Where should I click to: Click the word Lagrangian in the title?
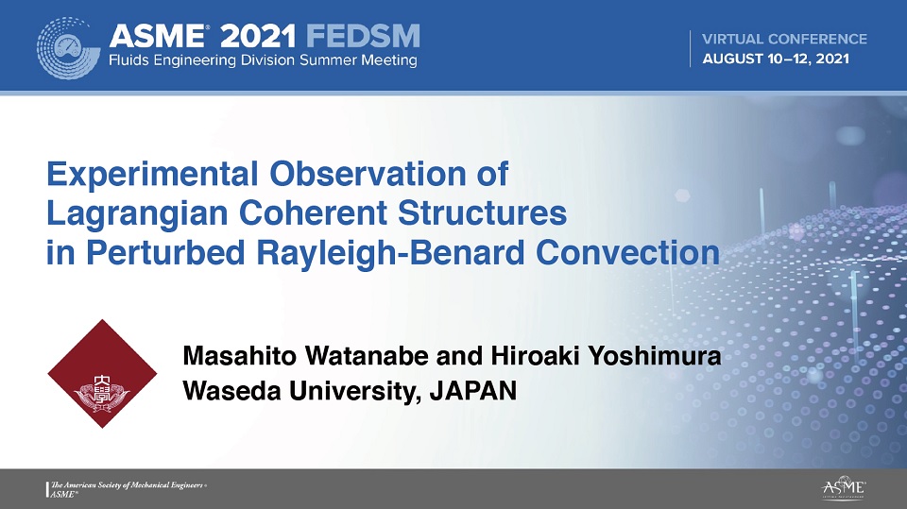[138, 214]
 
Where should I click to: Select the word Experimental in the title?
[152, 175]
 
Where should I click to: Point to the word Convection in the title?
[627, 253]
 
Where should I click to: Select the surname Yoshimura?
[654, 356]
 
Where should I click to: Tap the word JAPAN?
[473, 391]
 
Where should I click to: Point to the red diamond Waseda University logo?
[102, 374]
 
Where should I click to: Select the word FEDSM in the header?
[363, 37]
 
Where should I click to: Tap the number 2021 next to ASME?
[258, 37]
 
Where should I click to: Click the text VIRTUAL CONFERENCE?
[784, 40]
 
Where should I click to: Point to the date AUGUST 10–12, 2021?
[776, 59]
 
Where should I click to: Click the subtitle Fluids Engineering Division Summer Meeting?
[264, 60]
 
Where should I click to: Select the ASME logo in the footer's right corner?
[844, 487]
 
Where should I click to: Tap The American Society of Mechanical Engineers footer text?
[128, 485]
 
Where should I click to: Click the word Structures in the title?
[483, 212]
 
